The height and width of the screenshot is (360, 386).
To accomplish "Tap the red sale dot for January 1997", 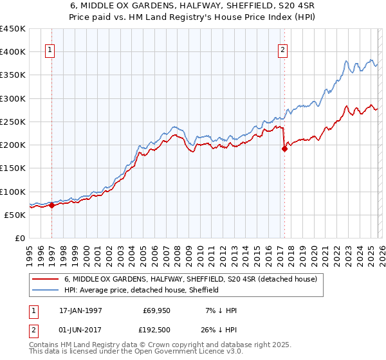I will (x=51, y=206).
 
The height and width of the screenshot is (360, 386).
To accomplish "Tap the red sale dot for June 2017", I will (x=284, y=148).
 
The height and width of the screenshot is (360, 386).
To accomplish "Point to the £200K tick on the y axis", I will (x=13, y=145).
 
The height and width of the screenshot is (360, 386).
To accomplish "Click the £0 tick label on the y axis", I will (x=19, y=238).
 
